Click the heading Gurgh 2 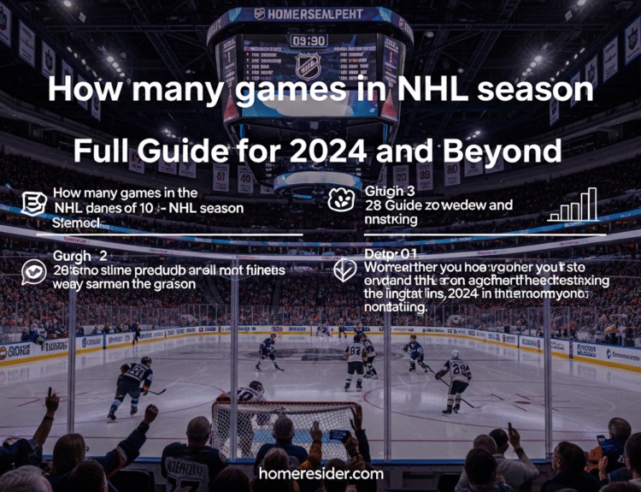pos(79,255)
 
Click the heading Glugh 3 pos(390,190)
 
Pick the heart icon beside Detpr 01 pos(343,270)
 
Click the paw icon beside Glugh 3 pos(341,200)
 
